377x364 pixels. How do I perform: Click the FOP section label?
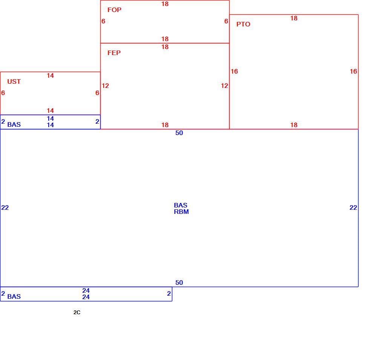tap(114, 10)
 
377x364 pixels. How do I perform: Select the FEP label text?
tap(114, 53)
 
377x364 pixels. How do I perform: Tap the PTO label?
tap(243, 24)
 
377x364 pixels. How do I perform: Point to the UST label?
tap(14, 81)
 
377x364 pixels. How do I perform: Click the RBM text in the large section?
tap(181, 212)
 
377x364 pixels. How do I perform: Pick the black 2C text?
tap(77, 312)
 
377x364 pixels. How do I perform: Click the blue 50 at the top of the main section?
tap(179, 133)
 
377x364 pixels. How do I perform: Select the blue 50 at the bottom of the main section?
tap(179, 283)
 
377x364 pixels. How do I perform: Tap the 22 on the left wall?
tap(5, 207)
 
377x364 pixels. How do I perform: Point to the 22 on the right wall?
tap(353, 207)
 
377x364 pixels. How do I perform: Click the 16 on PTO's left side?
tap(234, 71)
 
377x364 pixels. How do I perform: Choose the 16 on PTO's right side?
tap(354, 71)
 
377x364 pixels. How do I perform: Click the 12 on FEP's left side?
tap(105, 86)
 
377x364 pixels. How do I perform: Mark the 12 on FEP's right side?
tap(225, 86)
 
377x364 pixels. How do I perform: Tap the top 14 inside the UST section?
tap(50, 75)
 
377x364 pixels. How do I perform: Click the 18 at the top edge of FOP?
tap(165, 4)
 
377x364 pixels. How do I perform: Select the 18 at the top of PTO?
tap(294, 18)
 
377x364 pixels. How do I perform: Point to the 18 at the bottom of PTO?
tap(294, 125)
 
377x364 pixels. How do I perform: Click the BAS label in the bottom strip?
tap(14, 296)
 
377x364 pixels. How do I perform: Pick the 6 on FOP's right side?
tap(226, 22)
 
